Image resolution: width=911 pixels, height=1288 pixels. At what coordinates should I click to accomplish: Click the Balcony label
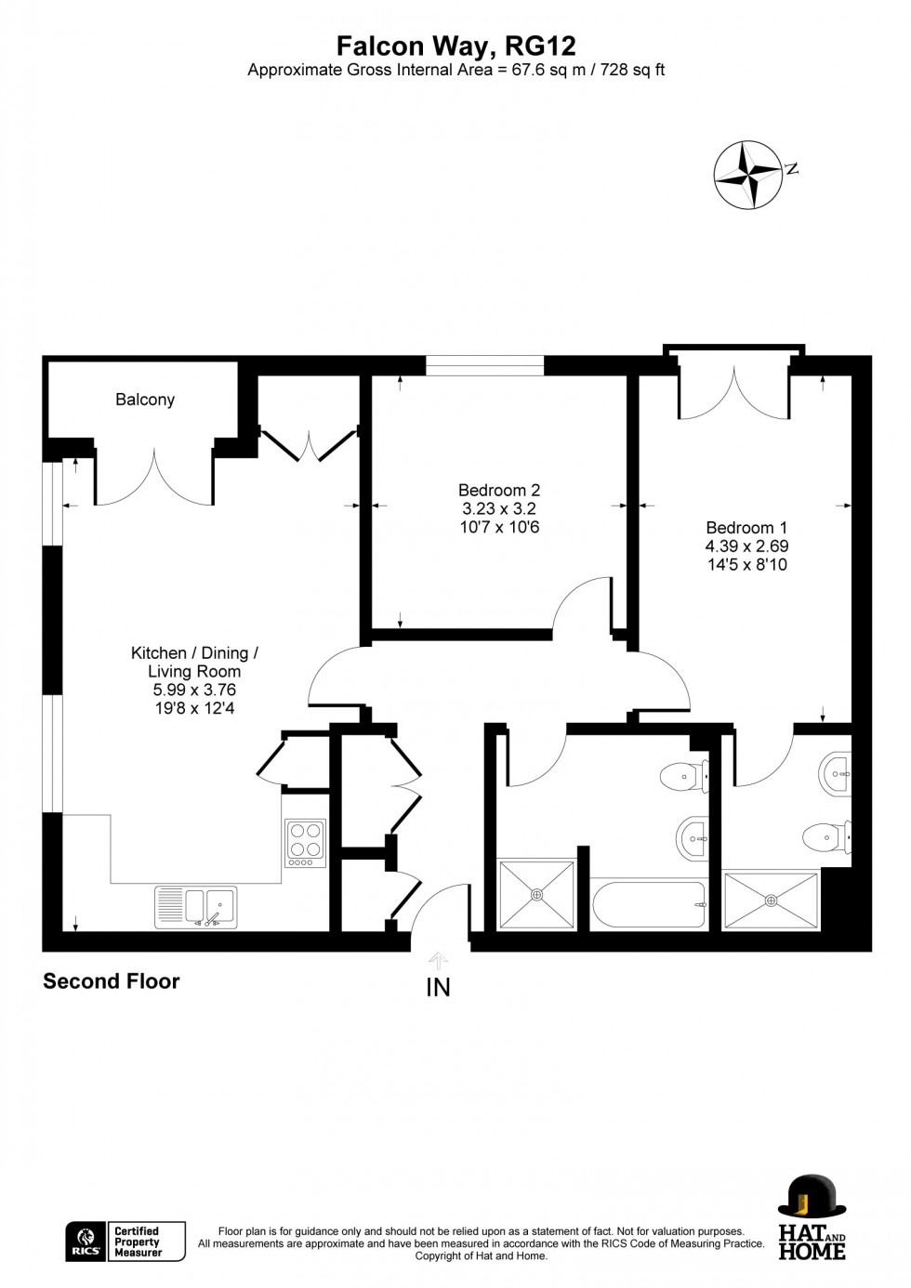click(145, 400)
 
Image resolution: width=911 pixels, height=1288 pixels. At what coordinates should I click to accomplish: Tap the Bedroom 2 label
click(499, 490)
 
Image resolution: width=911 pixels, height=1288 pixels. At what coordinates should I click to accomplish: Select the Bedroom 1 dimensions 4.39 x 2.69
click(746, 546)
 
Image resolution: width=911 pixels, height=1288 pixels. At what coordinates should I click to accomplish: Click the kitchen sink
click(196, 906)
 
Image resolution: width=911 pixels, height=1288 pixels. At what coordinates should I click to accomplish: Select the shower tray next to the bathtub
click(537, 894)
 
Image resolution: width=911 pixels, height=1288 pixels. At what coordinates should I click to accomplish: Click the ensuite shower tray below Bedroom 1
click(771, 900)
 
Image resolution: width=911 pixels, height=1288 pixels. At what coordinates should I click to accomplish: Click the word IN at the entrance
click(438, 988)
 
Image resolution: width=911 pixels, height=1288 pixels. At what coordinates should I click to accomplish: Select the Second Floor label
click(112, 981)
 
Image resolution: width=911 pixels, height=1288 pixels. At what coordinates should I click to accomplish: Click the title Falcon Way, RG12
click(455, 46)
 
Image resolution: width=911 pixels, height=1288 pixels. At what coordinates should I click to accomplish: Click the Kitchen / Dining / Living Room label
click(194, 662)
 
